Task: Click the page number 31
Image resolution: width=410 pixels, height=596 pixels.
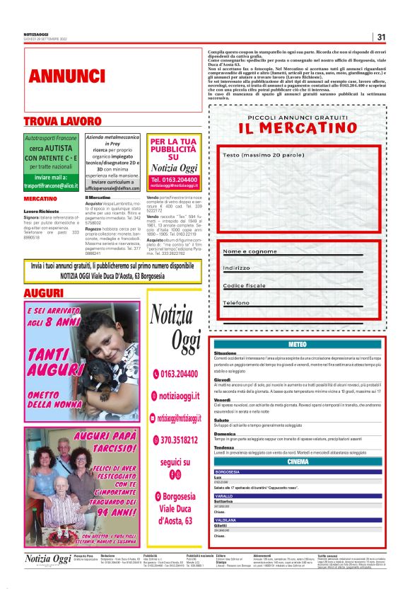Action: [381, 37]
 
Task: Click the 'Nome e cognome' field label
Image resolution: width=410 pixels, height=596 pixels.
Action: [250, 251]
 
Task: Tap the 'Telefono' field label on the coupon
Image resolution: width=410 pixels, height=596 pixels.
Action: [237, 302]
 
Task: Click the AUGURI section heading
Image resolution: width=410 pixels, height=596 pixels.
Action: [44, 293]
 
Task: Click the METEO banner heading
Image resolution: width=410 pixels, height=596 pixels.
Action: [298, 344]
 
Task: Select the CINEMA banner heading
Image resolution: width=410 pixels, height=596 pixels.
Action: [298, 462]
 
